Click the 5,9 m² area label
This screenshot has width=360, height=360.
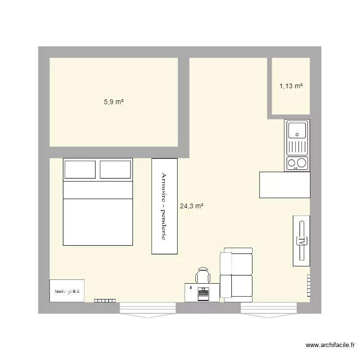114,102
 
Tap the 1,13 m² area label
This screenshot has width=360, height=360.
291,86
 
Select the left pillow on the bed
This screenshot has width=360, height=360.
80,169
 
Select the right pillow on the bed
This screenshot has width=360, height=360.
115,169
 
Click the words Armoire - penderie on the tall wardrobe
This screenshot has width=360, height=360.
164,206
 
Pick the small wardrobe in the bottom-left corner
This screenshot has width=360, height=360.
67,291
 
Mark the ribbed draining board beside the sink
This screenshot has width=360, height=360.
297,145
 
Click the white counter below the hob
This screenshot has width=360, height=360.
284,184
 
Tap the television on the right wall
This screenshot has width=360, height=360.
301,240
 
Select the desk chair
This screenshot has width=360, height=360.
203,276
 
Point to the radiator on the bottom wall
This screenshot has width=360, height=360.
105,300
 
